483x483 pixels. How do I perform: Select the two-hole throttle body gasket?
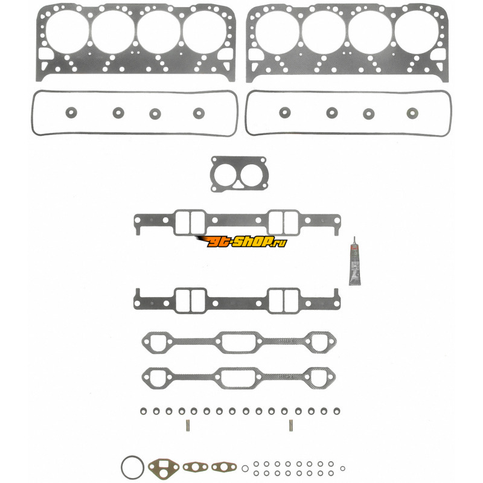click(x=233, y=174)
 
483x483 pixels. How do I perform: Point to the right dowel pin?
click(x=290, y=424)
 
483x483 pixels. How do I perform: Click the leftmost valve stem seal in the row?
click(x=143, y=411)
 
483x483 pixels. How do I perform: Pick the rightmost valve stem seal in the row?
click(x=324, y=411)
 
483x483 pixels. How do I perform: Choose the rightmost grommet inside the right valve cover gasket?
click(x=413, y=113)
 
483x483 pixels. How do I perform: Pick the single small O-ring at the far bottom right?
click(x=343, y=468)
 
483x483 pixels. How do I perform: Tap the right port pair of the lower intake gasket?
click(x=284, y=300)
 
